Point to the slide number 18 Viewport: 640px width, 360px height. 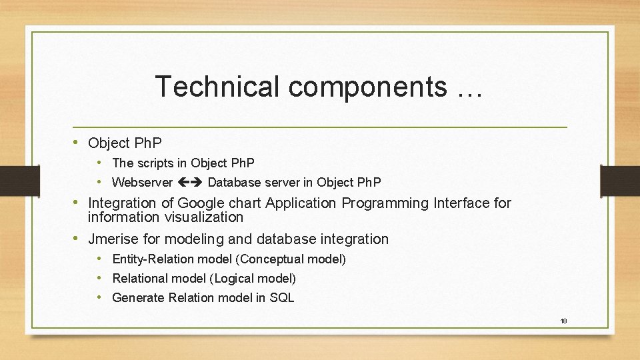point(563,321)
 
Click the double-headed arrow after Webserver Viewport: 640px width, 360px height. point(190,182)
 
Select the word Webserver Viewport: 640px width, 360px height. point(142,182)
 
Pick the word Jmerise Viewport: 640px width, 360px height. point(114,239)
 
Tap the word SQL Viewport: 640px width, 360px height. point(281,298)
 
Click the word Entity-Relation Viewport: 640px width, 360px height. point(155,259)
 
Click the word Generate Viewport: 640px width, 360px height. point(137,298)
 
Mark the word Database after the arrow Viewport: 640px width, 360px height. point(234,182)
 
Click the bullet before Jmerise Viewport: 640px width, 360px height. point(77,239)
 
